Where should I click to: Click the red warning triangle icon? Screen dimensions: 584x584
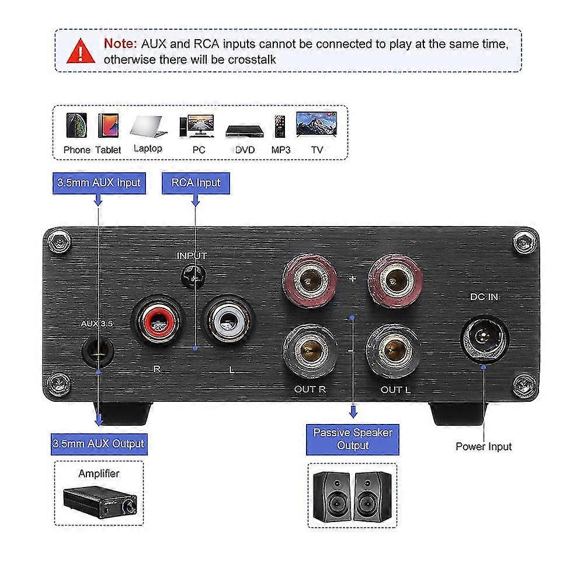point(81,51)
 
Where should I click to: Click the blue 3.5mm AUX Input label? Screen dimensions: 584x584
point(99,182)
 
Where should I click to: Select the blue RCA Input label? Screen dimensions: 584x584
point(196,182)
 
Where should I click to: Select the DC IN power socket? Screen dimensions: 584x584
point(484,337)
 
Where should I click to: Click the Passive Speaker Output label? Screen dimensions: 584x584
point(353,439)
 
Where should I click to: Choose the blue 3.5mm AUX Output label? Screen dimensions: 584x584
point(99,443)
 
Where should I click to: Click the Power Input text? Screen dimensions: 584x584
point(484,447)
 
